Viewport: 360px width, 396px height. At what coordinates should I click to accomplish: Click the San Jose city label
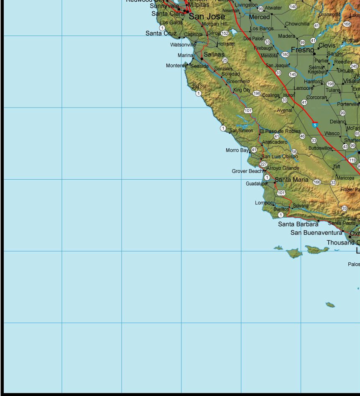click(207, 17)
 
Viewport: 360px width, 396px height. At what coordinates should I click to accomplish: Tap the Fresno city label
click(302, 50)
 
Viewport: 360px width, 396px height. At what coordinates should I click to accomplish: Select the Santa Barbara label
click(298, 224)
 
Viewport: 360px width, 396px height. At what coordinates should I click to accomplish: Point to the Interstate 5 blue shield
click(315, 125)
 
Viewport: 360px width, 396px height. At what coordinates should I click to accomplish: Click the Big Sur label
click(199, 86)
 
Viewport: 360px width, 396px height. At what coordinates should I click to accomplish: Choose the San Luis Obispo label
click(280, 157)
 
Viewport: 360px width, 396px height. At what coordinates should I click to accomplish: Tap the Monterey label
click(176, 66)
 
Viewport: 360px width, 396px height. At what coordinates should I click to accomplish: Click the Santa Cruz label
click(161, 33)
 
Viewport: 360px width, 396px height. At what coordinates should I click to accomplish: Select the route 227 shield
click(263, 164)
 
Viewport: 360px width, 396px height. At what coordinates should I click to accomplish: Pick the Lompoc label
click(264, 203)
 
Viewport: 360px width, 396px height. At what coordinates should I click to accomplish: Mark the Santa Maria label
click(291, 180)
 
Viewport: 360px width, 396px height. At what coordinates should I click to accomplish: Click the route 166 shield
click(317, 182)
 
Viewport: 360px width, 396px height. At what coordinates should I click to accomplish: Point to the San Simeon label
click(241, 131)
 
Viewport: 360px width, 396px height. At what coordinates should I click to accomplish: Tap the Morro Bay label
click(237, 150)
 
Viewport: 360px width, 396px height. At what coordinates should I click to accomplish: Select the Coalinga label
click(271, 95)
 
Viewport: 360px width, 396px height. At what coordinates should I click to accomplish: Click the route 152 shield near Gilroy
click(225, 33)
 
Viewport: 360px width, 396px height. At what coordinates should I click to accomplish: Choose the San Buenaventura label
click(316, 233)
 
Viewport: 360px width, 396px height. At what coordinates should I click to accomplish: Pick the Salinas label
click(214, 54)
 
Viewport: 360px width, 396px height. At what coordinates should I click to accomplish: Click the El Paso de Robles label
click(280, 131)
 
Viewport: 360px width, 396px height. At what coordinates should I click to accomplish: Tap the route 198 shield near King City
click(257, 93)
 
